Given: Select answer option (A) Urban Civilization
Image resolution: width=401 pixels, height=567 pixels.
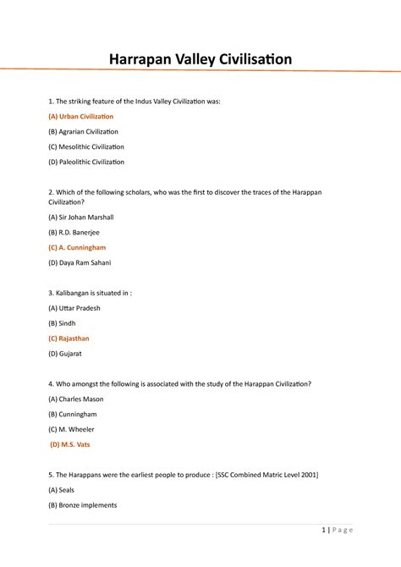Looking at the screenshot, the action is [80, 116].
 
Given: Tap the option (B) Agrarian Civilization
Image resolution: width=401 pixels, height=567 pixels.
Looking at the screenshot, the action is [83, 131].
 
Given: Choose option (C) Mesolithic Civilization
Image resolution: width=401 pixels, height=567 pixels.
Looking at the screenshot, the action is [85, 146].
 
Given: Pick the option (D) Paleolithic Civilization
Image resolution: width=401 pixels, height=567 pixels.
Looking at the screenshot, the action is [85, 162].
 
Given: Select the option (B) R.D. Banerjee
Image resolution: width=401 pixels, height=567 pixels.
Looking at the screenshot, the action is [74, 233].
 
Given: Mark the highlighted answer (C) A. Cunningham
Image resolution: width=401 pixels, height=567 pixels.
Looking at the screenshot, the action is [77, 248].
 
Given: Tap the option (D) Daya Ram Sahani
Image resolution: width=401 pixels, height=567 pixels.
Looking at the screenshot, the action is [80, 263].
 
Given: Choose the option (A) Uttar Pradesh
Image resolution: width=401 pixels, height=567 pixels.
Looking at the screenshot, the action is [74, 308].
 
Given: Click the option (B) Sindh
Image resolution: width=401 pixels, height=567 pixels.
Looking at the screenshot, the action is [63, 323].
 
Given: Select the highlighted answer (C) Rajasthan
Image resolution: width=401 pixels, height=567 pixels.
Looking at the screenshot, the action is [69, 339].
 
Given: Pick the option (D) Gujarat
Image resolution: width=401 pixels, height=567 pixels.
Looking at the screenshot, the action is [65, 354].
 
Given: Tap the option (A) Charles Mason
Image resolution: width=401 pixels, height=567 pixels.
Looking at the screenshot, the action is [77, 399].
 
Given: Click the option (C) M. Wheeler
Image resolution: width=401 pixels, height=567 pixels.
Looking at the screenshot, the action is [71, 429].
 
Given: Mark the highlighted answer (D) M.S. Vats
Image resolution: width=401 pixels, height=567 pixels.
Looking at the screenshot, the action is [71, 444].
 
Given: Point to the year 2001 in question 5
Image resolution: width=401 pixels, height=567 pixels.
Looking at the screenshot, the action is [307, 475].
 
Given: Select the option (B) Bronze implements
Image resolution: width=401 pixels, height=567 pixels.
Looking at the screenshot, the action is [82, 505].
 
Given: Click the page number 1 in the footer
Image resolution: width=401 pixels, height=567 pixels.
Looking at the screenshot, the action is [324, 531].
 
